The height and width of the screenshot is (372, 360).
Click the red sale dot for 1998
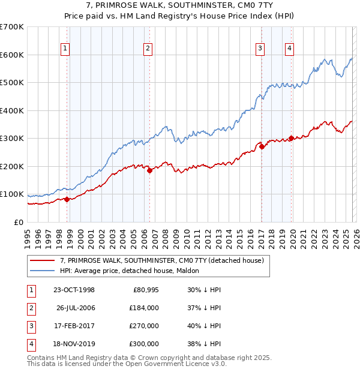[67, 199]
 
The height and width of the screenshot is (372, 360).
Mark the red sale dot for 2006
[149, 170]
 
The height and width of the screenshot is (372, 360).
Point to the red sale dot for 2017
[262, 146]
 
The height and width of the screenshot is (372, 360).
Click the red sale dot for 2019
[291, 138]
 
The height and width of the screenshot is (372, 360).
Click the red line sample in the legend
[43, 260]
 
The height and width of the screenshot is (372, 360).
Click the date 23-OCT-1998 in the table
[74, 290]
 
